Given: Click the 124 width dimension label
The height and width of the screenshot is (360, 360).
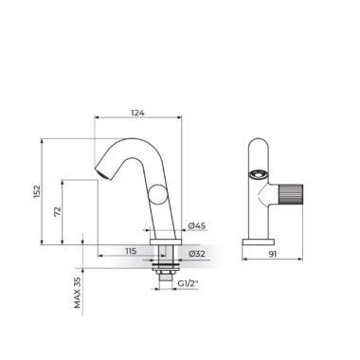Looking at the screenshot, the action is (x=137, y=113).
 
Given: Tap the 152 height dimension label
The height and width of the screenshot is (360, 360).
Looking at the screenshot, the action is (x=37, y=191).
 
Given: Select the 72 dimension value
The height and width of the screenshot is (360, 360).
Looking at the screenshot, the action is (x=58, y=211).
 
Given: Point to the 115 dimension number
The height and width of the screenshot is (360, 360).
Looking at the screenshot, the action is (x=131, y=251).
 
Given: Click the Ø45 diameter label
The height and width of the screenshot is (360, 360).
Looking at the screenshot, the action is (x=197, y=225).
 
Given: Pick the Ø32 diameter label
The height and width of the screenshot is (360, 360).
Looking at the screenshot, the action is (x=197, y=254).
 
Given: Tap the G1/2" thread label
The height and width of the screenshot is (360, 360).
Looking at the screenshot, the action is (x=188, y=283).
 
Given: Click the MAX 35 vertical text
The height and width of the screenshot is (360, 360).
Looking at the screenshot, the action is (x=78, y=293).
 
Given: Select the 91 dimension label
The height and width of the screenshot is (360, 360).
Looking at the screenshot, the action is (x=272, y=254).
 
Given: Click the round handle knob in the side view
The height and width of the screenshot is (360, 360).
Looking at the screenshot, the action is (x=157, y=195).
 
